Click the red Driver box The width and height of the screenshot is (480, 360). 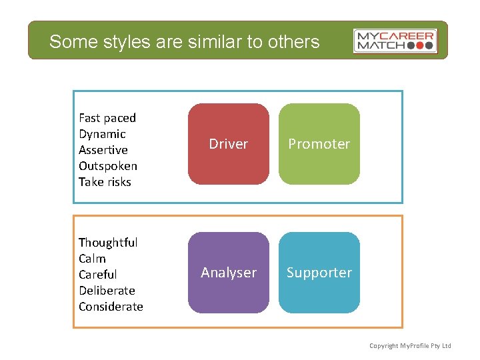(x=228, y=144)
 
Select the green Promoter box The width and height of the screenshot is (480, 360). (x=319, y=144)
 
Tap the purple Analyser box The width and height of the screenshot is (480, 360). (x=228, y=273)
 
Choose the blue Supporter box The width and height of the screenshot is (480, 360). (x=319, y=273)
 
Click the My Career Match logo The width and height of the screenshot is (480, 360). (x=395, y=41)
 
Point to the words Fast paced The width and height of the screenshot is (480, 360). (x=107, y=118)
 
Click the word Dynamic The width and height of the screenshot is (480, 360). (x=102, y=134)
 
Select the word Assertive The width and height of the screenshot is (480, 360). (x=103, y=150)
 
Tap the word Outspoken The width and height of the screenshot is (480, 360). (x=107, y=166)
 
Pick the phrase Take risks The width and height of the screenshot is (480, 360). (x=105, y=182)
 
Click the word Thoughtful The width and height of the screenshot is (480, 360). (x=108, y=243)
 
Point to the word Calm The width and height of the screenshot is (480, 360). (x=92, y=259)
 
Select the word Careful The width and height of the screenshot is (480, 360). (x=97, y=275)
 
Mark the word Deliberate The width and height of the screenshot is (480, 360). (x=107, y=291)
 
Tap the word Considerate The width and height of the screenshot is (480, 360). (x=111, y=307)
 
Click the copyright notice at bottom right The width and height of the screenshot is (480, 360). (x=410, y=345)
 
